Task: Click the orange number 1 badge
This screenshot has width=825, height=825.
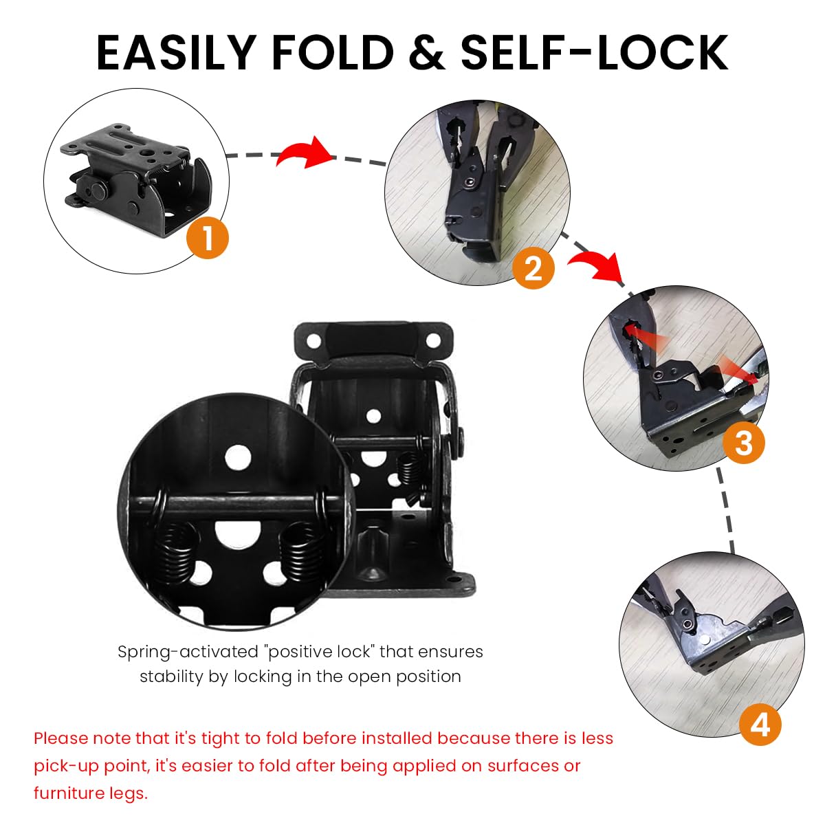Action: tap(208, 238)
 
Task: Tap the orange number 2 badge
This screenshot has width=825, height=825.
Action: tap(533, 267)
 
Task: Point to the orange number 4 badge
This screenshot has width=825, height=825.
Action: tap(760, 724)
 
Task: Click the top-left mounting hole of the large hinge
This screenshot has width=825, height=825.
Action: tap(315, 340)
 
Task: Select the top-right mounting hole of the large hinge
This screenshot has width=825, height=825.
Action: tap(433, 340)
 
